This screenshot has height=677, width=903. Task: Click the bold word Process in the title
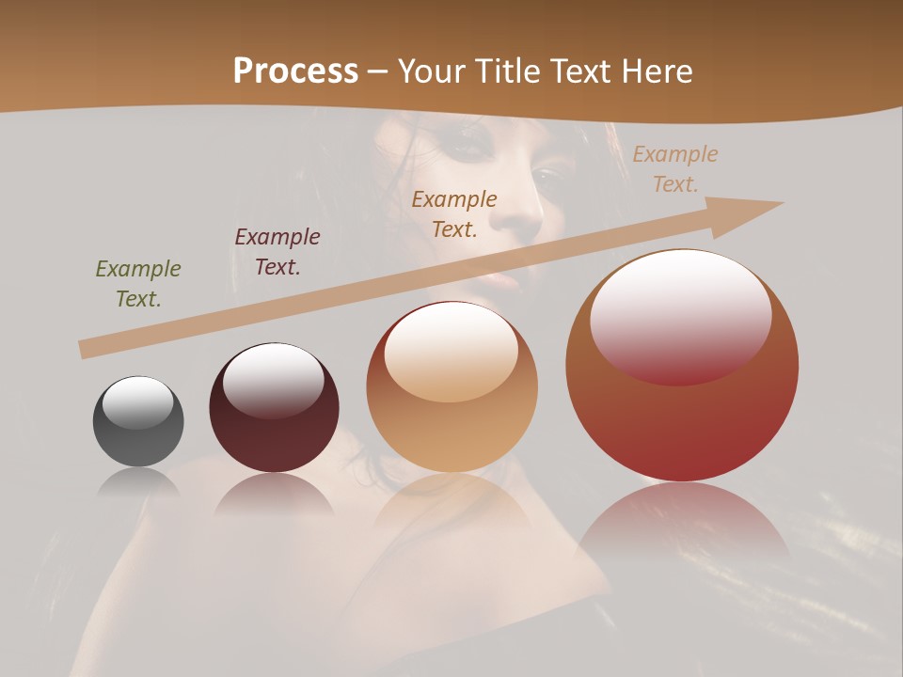(x=295, y=71)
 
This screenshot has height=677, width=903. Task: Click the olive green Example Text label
(x=138, y=284)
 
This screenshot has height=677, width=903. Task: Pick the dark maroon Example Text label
(x=277, y=252)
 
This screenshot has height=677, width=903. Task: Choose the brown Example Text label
(x=454, y=214)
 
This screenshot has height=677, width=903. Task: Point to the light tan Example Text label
(x=675, y=169)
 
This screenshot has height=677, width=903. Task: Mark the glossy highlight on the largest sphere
(x=680, y=315)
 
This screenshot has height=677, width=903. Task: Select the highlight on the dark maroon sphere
(x=273, y=380)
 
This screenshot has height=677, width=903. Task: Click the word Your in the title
(x=430, y=71)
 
